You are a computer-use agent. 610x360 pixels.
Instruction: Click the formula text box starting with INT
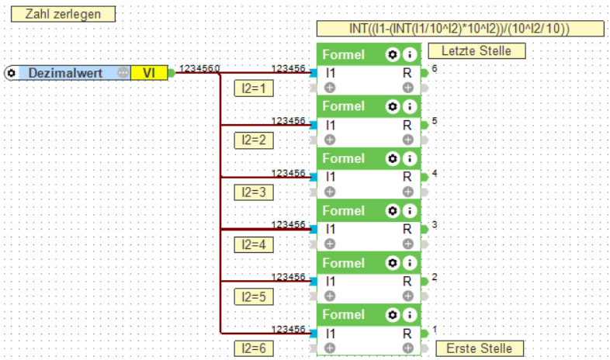click(460, 29)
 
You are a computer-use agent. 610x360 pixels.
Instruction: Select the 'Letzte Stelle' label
click(476, 51)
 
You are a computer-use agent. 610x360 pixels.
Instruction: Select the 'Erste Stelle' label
click(479, 348)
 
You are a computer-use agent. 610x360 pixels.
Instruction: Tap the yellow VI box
click(148, 73)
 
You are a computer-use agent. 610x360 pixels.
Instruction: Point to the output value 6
click(435, 68)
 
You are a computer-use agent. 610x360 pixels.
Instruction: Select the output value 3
click(435, 225)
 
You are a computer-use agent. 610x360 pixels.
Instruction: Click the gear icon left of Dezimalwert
click(11, 73)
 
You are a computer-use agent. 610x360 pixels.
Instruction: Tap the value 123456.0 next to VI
click(199, 68)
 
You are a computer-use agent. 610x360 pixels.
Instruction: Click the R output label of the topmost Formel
click(407, 72)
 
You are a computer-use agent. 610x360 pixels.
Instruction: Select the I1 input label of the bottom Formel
click(331, 334)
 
